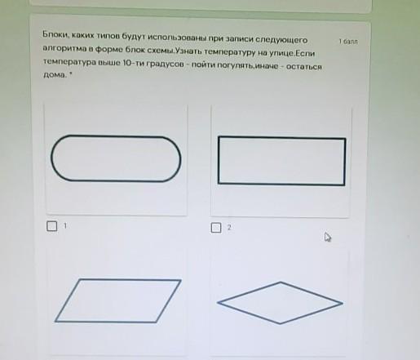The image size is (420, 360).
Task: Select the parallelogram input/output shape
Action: [x=117, y=279]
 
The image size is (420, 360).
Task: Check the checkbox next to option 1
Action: [x=51, y=226]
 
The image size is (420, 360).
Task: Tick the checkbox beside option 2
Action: [x=216, y=228]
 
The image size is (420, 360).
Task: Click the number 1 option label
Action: [x=65, y=225]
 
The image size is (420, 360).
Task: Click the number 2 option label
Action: [x=229, y=228]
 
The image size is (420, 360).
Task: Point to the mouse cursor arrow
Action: [x=328, y=237]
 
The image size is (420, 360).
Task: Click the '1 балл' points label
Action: [x=348, y=42]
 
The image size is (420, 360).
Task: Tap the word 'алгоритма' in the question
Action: [x=64, y=48]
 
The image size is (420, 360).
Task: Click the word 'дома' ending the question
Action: [x=55, y=75]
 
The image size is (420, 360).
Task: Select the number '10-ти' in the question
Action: [x=134, y=63]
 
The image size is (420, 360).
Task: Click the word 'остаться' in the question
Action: [x=304, y=67]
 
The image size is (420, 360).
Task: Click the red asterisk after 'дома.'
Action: [x=70, y=73]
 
